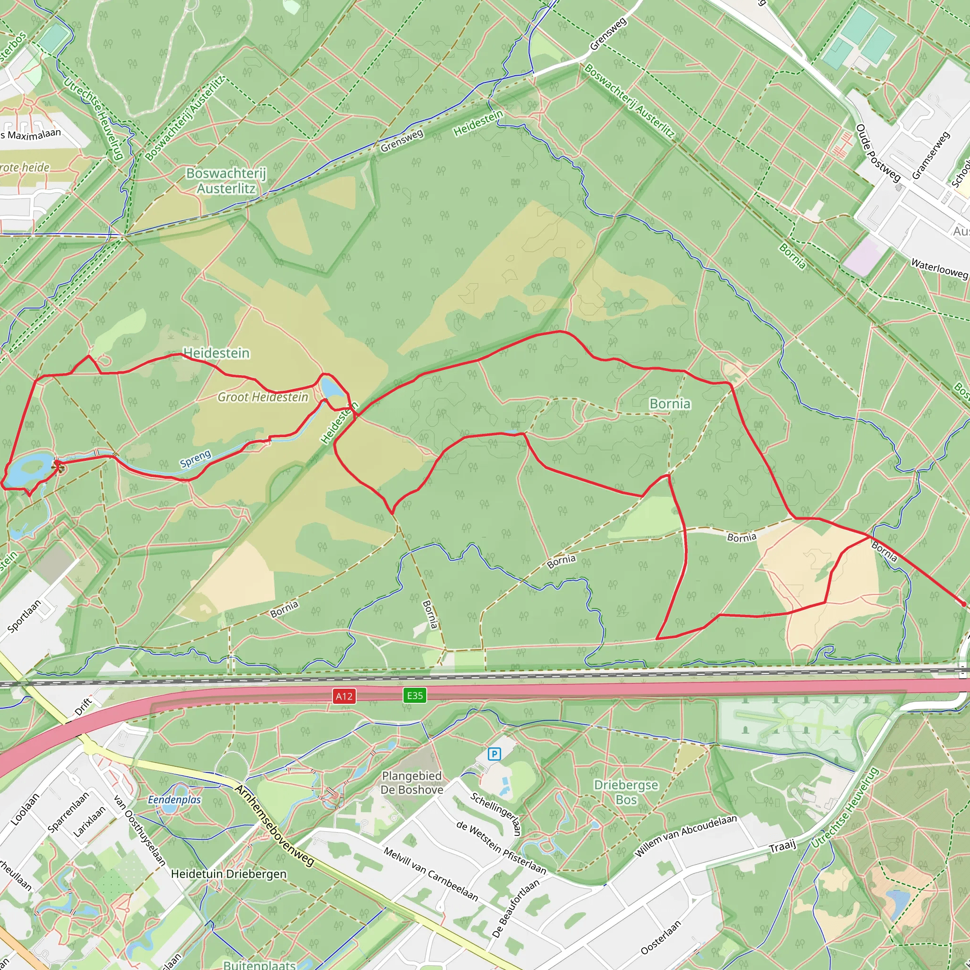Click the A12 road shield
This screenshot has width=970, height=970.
[344, 696]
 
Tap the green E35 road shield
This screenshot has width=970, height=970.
[415, 695]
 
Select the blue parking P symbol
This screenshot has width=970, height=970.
[494, 754]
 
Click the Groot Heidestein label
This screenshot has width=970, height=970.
[262, 397]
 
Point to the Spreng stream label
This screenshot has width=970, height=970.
[195, 459]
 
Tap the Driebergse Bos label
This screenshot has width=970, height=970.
[626, 792]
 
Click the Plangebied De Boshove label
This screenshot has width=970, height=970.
[412, 783]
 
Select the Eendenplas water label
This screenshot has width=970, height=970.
[174, 800]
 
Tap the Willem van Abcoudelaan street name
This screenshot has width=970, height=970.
[686, 836]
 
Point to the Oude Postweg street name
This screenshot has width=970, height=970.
[878, 153]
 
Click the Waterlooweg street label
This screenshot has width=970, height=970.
[939, 269]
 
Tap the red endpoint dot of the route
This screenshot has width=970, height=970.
[963, 604]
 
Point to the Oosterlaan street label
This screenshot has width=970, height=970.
[661, 937]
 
